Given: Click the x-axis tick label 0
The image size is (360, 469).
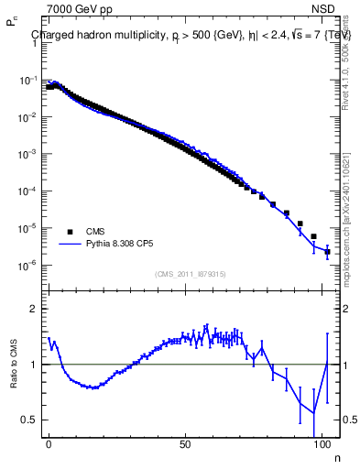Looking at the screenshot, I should pos(49,442).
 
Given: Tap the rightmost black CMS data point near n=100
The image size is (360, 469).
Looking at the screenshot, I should pos(327,251).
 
